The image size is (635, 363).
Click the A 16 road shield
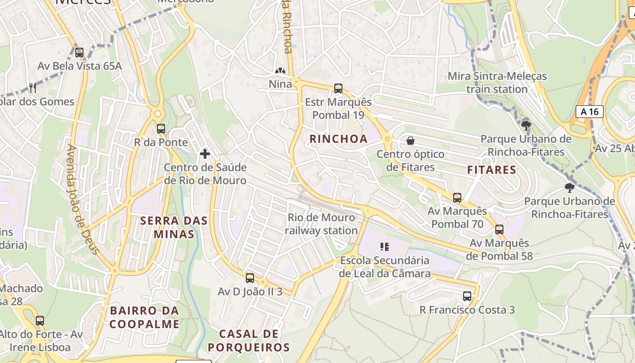[590, 112]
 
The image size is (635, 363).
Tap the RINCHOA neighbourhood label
[338, 139]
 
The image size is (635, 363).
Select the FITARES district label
[492, 170]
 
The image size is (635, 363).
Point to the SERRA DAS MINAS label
[174, 227]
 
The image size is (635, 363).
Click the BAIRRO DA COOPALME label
[144, 318]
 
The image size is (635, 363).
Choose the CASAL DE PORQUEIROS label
[249, 341]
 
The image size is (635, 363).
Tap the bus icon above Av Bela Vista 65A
[79, 53]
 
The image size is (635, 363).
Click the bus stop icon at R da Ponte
[161, 129]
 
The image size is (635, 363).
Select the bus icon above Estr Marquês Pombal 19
[338, 88]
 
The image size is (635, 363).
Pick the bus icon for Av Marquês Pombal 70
[457, 198]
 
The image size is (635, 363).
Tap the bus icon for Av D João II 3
[250, 278]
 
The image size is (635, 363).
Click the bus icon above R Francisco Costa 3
[467, 296]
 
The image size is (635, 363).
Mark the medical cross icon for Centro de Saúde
[205, 154]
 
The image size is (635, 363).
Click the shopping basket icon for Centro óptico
[410, 141]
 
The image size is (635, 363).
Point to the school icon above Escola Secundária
[385, 247]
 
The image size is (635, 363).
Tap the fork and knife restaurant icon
[33, 88]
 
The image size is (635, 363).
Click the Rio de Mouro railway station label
[322, 224]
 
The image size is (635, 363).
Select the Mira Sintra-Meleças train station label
[497, 83]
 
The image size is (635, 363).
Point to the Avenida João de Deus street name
[83, 199]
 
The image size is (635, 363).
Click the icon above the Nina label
[280, 71]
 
